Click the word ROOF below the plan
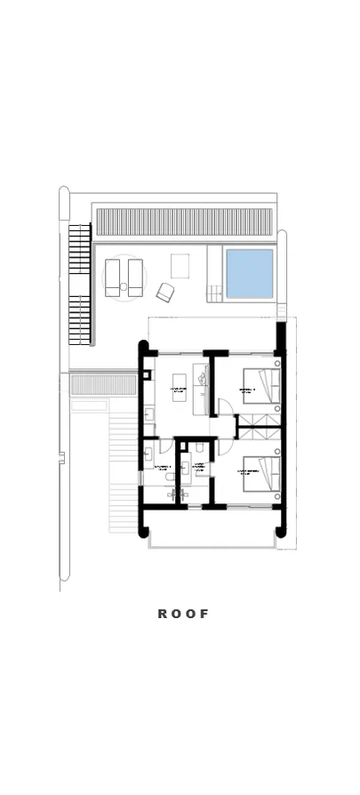click(183, 614)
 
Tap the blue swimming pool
click(249, 273)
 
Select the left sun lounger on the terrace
click(113, 277)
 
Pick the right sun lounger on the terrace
click(135, 277)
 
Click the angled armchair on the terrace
click(165, 291)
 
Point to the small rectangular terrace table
click(180, 266)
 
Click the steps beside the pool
click(214, 291)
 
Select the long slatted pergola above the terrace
click(183, 221)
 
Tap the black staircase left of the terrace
click(80, 285)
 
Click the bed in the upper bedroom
click(263, 387)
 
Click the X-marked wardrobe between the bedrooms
click(258, 435)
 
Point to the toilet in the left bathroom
click(147, 454)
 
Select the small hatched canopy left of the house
click(90, 384)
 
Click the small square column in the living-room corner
click(146, 375)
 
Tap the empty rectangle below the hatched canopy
click(89, 406)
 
